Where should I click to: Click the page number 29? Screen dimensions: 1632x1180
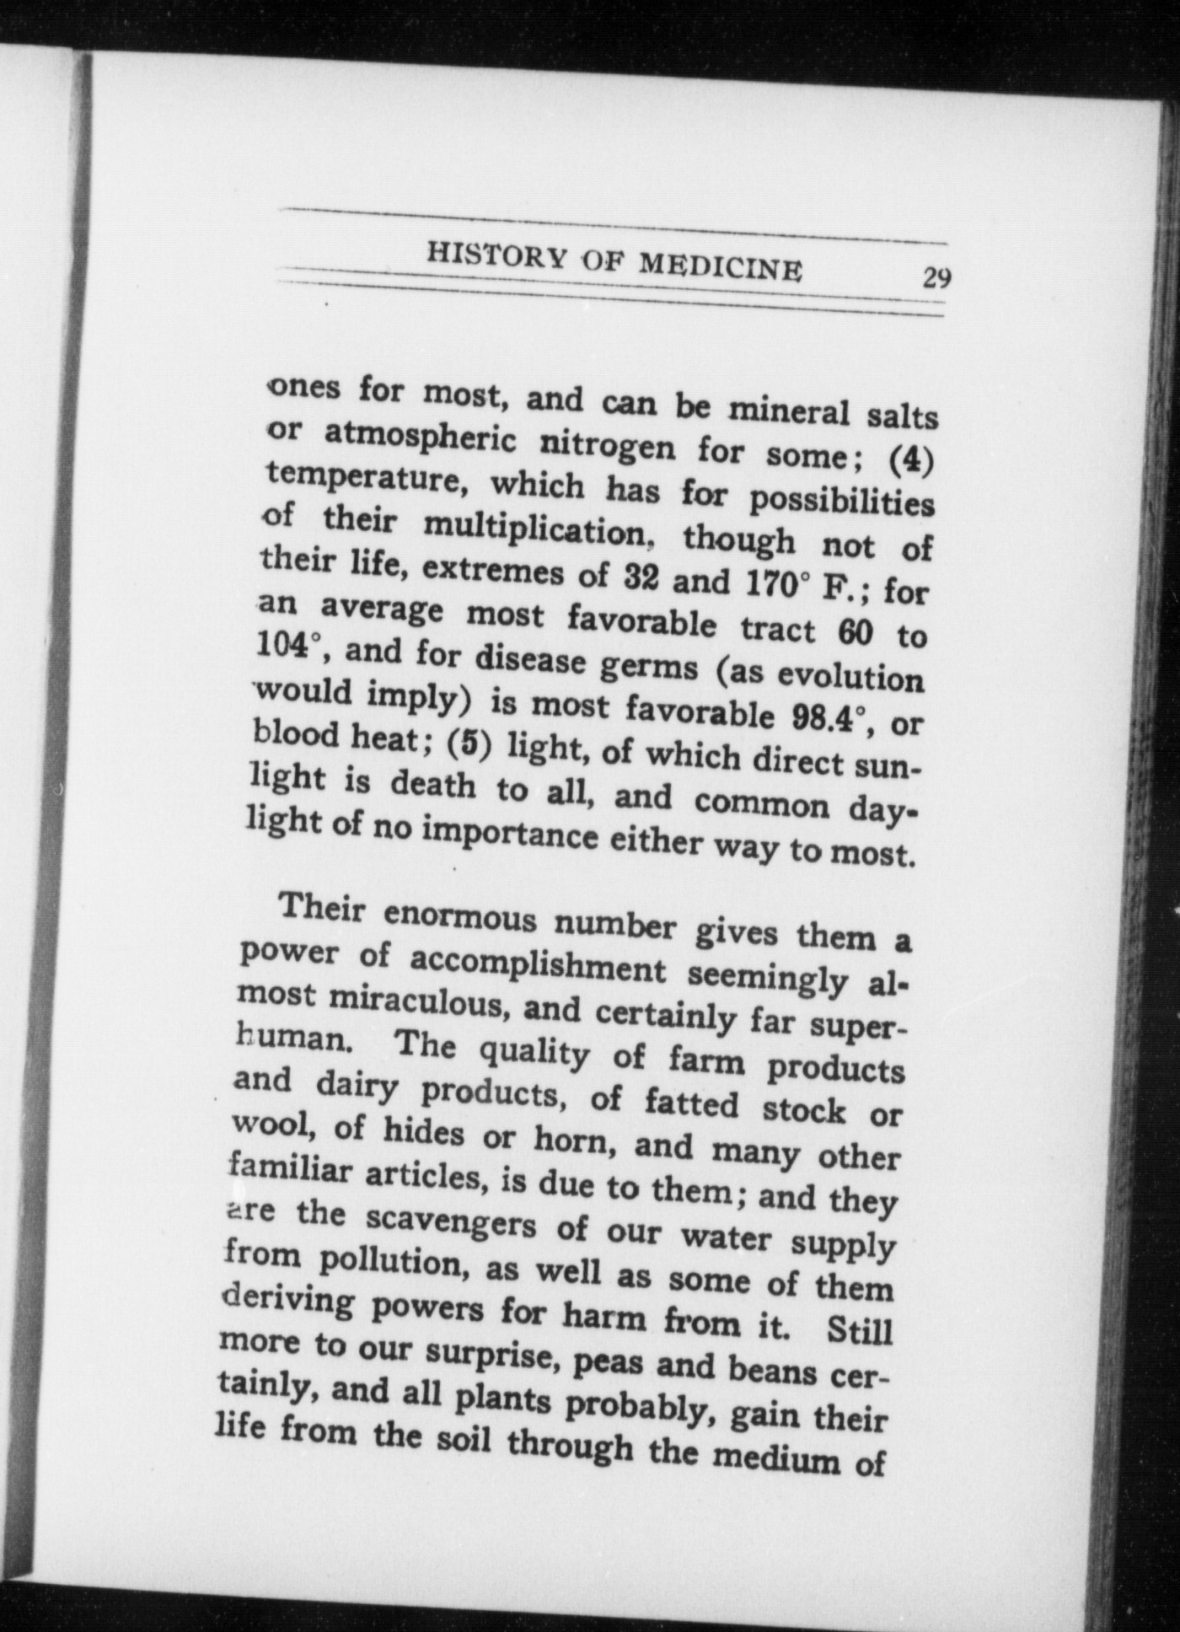coord(936,277)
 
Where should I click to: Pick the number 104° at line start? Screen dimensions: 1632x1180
coord(287,646)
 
